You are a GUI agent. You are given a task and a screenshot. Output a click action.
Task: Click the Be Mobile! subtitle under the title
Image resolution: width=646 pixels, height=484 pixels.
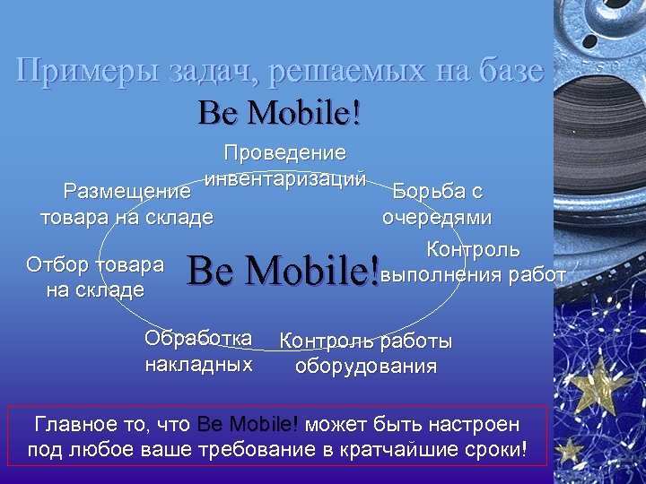[x=280, y=112]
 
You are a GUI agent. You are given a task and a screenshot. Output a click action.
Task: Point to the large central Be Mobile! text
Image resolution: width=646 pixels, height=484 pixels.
[x=282, y=269]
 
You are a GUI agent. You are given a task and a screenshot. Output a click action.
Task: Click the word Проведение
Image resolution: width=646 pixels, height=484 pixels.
[x=285, y=153]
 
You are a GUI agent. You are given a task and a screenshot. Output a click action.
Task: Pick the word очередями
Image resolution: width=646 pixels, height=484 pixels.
[x=437, y=217]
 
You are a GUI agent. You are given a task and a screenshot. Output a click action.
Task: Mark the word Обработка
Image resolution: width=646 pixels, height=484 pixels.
[x=198, y=339]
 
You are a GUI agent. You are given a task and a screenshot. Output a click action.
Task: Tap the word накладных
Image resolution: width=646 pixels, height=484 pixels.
[x=198, y=365]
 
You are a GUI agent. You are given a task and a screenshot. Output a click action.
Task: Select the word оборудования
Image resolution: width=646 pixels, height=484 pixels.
[x=366, y=366]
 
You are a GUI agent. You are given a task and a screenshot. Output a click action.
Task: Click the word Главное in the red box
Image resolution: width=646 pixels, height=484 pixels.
[x=72, y=423]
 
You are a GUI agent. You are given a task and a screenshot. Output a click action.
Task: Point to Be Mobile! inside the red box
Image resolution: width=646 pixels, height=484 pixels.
[x=248, y=423]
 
